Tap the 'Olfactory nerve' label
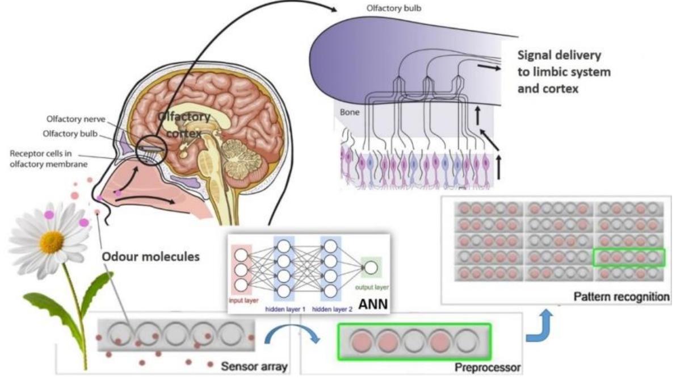(x=76, y=119)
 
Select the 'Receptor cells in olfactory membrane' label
(x=48, y=158)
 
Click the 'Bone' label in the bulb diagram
(x=349, y=112)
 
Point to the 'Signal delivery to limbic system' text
(x=564, y=64)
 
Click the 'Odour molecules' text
(x=150, y=257)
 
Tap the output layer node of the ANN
(x=371, y=268)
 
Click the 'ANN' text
(x=373, y=304)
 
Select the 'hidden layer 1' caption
(x=285, y=309)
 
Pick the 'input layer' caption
(x=243, y=300)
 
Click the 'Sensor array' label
(x=254, y=366)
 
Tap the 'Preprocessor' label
(x=488, y=368)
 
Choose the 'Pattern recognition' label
(x=622, y=297)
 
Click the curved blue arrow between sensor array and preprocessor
(x=291, y=330)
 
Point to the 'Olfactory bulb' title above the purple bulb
(x=393, y=8)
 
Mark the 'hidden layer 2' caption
(x=332, y=309)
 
